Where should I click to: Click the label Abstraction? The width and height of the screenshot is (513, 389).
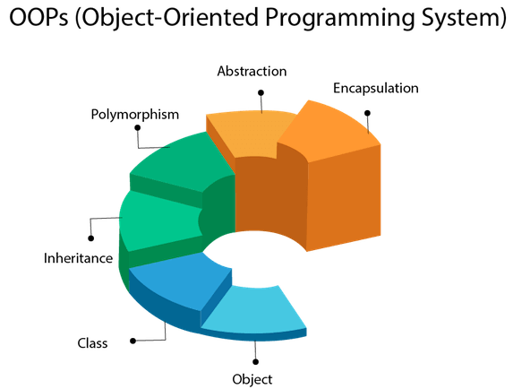pos(252,71)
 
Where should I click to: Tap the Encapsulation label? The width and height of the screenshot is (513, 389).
pos(375,88)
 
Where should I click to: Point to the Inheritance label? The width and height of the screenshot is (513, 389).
pos(79,258)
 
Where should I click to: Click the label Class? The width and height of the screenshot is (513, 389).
pos(92,343)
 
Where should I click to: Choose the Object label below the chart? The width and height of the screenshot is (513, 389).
pos(252,378)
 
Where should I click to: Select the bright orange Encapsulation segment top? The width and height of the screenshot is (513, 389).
pos(336,130)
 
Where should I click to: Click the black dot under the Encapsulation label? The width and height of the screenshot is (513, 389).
pos(367,114)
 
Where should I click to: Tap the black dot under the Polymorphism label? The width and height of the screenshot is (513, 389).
pos(137,128)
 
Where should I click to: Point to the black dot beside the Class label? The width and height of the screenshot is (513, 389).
pos(133,341)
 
